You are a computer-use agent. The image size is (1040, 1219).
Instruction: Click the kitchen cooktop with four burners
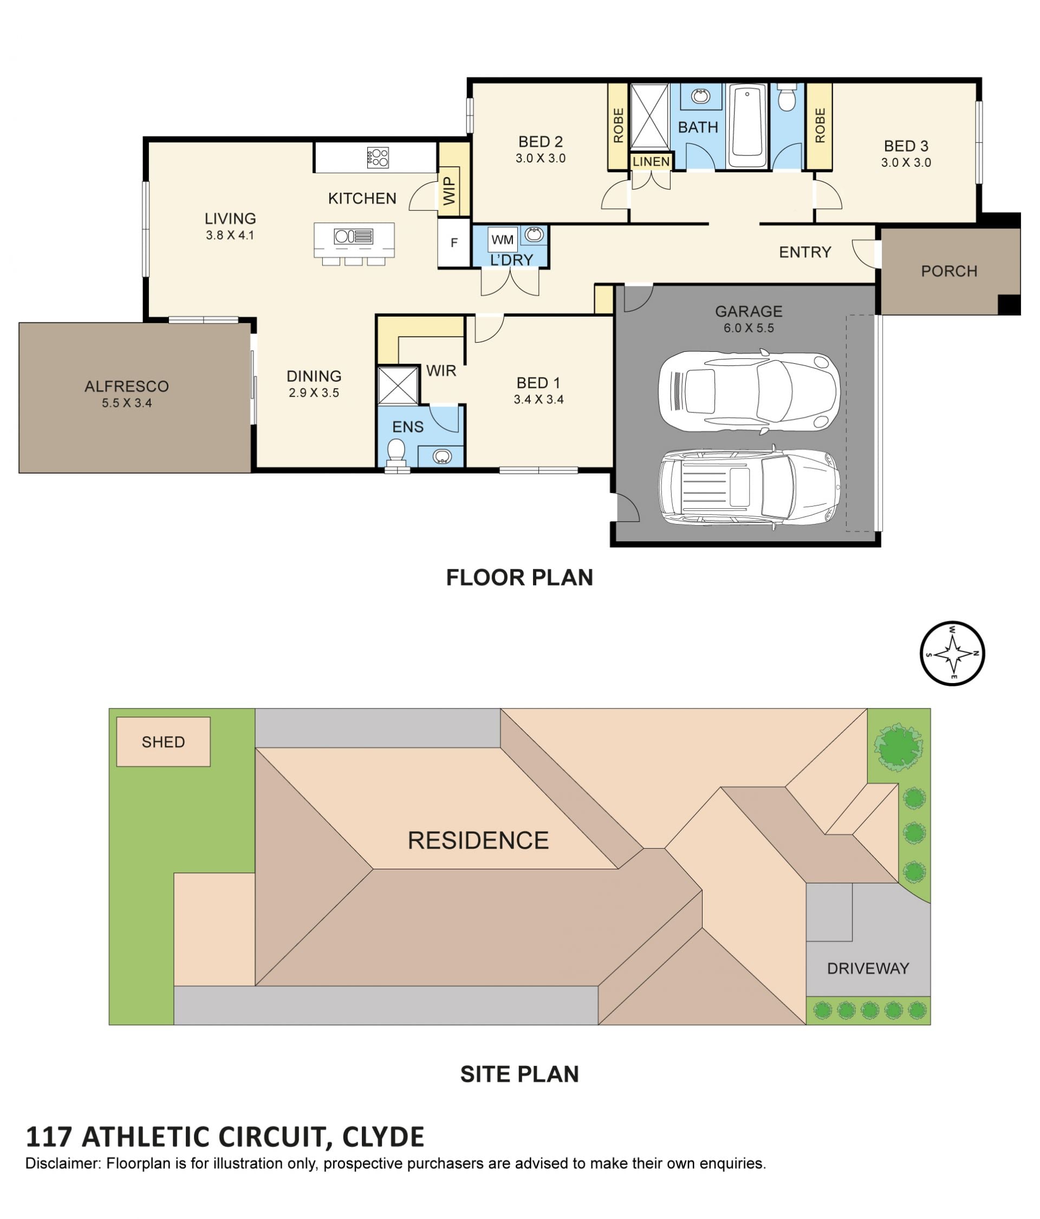378,158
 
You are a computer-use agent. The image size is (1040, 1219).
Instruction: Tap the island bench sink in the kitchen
353,237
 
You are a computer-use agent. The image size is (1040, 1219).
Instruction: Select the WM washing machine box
502,239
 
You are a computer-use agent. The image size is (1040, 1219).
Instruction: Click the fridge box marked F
454,243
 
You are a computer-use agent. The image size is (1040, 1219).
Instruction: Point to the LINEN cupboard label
651,161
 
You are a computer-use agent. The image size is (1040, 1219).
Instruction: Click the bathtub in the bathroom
747,127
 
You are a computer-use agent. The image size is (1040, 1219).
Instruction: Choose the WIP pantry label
449,191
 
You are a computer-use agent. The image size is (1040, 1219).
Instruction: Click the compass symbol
952,653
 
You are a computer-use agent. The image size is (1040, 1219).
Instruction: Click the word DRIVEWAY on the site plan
868,968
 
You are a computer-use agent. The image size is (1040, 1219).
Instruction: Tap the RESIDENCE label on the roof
478,840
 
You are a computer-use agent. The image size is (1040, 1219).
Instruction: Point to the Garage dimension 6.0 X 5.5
749,328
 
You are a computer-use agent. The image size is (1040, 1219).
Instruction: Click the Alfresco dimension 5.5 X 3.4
127,403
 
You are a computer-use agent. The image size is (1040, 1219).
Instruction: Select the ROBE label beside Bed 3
820,126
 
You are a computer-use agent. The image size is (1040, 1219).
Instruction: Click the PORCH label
949,271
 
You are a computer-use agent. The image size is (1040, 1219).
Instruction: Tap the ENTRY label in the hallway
804,252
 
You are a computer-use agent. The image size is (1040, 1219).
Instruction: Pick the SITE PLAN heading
519,1074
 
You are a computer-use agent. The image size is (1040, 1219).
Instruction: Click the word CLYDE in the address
382,1137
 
